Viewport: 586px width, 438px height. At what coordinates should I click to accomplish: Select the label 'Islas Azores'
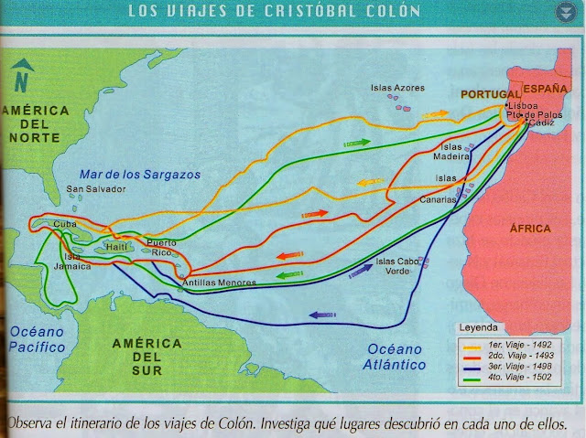(397, 88)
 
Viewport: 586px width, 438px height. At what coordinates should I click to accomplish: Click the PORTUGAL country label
(490, 94)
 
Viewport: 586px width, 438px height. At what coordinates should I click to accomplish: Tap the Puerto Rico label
(161, 247)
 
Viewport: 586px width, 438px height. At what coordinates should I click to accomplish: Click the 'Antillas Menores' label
(220, 283)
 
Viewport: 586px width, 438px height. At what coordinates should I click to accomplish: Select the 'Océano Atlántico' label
(396, 356)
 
